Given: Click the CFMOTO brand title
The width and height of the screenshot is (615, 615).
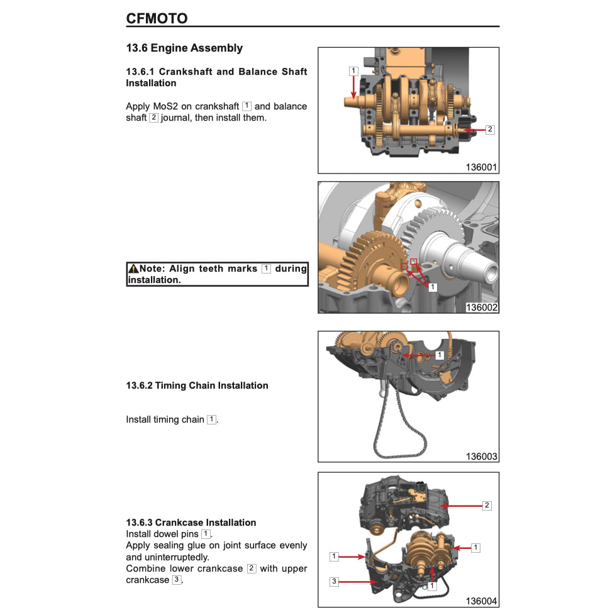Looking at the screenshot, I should [157, 18].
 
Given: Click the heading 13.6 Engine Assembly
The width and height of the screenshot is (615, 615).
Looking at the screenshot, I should [184, 48].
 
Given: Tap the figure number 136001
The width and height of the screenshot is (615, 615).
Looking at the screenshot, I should [482, 167].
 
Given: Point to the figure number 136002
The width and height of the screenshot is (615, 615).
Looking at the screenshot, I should [482, 307].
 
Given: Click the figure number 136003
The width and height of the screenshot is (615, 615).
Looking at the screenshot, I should [482, 457].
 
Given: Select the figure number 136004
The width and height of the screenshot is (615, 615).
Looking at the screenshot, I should [482, 601].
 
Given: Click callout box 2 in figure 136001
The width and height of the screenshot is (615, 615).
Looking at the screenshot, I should [490, 130].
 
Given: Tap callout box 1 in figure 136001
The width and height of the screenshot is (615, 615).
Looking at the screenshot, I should [353, 71].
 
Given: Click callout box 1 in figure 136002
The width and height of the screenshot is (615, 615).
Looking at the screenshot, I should [433, 287].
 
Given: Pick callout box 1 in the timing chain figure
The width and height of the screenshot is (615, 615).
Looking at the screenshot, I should [440, 355].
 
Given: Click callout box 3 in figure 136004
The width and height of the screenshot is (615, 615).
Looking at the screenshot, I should [335, 581].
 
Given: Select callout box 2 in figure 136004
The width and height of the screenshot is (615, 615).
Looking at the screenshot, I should [487, 505].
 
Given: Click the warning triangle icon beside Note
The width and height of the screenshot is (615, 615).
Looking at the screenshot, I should [133, 269].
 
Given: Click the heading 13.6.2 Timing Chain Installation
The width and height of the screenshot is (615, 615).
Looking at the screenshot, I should [197, 385].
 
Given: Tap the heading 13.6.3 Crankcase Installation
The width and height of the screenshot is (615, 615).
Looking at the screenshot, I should [191, 523].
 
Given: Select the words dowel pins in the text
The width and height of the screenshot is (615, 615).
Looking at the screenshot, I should [179, 534].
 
